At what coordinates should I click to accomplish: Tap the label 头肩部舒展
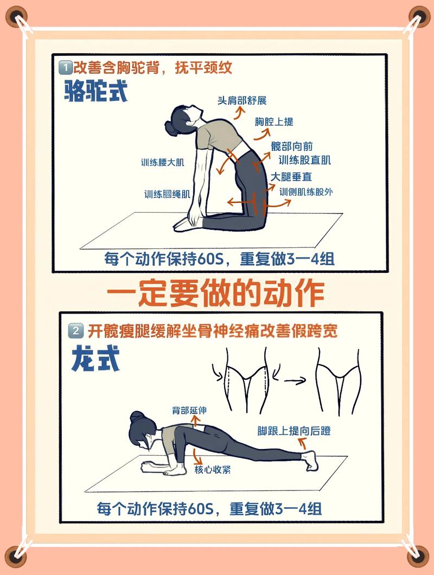point(242,100)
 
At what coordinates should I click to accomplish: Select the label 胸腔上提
point(274,122)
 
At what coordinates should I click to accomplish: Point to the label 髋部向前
point(292,146)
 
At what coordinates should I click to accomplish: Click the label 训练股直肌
point(304,160)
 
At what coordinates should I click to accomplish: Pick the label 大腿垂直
point(291,177)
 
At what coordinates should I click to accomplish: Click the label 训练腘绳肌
point(167,194)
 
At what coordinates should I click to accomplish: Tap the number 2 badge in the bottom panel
point(76,330)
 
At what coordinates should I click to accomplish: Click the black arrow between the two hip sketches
point(296,381)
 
